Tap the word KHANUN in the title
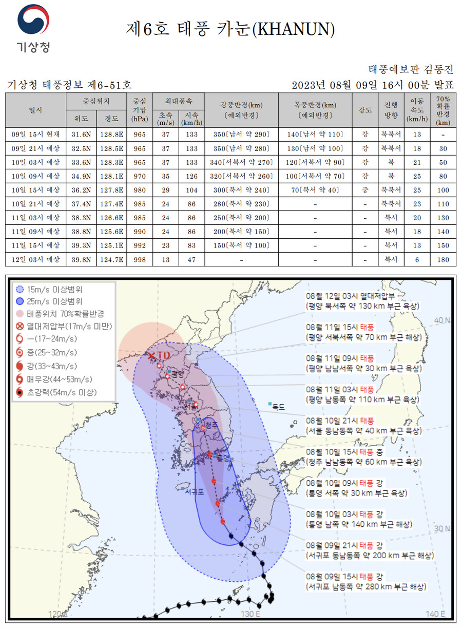pos(295,30)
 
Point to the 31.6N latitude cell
pos(81,135)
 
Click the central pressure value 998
pos(139,260)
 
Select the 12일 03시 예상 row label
pos(36,260)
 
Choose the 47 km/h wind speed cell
pos(191,260)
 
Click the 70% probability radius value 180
pos(443,260)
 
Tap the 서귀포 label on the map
pos(195,491)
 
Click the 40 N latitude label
pos(441,320)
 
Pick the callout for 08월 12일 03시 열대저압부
pos(362,301)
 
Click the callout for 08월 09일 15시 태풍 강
pos(365,581)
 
